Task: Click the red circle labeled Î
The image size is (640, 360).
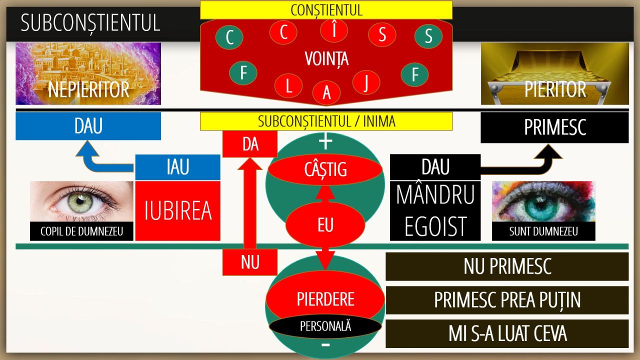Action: tap(333, 30)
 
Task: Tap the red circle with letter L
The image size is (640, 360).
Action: tap(288, 85)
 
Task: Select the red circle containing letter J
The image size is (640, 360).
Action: tap(366, 82)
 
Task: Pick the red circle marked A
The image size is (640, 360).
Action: tap(326, 92)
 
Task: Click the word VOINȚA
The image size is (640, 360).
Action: tap(326, 59)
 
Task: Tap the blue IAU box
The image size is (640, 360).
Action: tap(177, 167)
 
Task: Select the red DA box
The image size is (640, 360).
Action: tap(250, 144)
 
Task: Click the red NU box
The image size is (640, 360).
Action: tap(250, 262)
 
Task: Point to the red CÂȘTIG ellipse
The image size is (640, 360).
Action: tap(325, 169)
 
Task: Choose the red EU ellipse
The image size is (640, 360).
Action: tap(325, 224)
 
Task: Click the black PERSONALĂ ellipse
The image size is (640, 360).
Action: tap(325, 326)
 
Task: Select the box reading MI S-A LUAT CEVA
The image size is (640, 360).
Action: tap(507, 333)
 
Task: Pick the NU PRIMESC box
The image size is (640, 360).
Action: tap(507, 266)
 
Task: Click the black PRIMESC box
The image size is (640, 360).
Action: tap(554, 127)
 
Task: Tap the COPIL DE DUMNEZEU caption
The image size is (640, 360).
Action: tap(81, 231)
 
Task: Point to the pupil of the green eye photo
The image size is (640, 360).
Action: tap(80, 201)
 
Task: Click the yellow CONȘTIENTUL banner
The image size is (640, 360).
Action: tap(326, 10)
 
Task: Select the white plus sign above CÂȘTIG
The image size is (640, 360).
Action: tap(325, 141)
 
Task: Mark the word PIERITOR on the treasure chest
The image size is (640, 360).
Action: tap(555, 89)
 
